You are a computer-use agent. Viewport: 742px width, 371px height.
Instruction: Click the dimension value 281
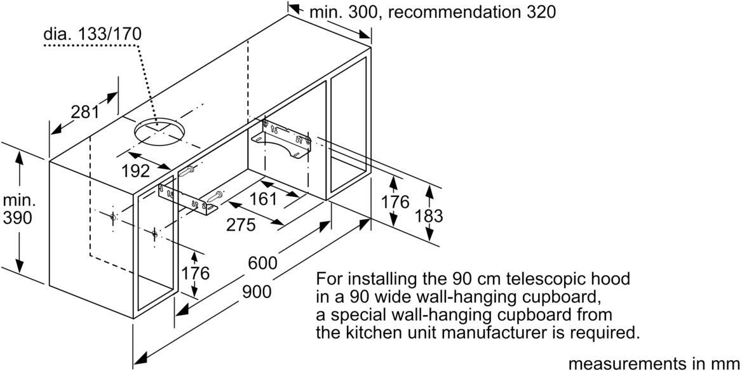point(85,112)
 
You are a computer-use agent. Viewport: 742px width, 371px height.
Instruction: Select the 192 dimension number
point(135,171)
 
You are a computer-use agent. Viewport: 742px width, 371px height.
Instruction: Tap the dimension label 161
point(263,199)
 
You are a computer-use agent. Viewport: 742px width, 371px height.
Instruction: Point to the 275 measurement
point(241,224)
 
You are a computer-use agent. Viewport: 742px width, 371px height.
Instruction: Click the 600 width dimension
point(263,263)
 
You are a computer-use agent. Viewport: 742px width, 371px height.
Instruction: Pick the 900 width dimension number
point(257,292)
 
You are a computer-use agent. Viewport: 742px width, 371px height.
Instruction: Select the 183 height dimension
point(428,215)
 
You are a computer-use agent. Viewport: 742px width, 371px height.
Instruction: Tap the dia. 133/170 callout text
point(92,34)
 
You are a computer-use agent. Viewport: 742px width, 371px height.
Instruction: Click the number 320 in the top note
point(539,11)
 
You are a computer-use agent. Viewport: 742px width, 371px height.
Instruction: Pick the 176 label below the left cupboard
point(196,274)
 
